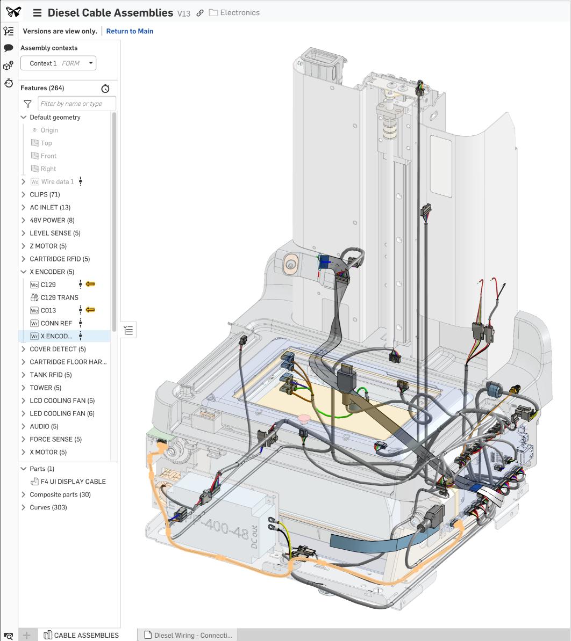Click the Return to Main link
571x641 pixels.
[130, 31]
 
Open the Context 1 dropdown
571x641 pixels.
[58, 63]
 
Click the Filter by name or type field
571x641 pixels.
[76, 104]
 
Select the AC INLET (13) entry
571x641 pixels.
[50, 207]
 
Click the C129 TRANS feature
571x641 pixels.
[59, 297]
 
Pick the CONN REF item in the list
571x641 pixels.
[56, 323]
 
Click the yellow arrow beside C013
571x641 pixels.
[91, 310]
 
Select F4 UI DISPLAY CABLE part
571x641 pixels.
[73, 482]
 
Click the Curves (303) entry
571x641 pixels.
[48, 507]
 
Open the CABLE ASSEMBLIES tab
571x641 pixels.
[86, 635]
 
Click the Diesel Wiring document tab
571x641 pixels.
[192, 635]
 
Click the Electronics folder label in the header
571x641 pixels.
[239, 12]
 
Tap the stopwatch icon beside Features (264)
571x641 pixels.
[105, 89]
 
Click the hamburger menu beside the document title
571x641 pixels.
[37, 13]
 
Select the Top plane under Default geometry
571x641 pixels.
[46, 143]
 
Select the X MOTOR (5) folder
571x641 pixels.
[48, 452]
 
